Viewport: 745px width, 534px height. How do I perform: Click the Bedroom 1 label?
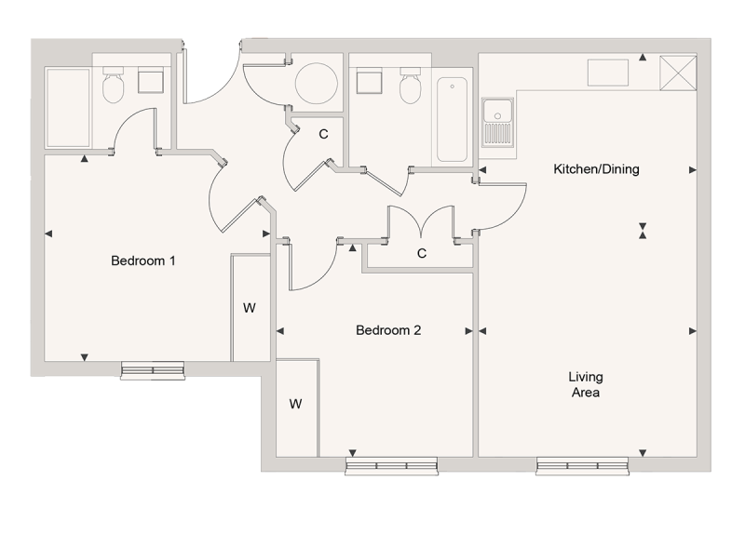tap(143, 261)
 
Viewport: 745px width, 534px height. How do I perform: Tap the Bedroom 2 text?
tap(389, 330)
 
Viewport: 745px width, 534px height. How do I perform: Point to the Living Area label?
tap(587, 385)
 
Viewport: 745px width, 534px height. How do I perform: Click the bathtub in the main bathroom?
tap(453, 120)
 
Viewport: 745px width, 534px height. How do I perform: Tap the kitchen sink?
tap(498, 122)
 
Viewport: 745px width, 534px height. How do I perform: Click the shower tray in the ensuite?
tap(68, 107)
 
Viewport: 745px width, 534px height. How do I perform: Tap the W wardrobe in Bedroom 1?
tap(250, 308)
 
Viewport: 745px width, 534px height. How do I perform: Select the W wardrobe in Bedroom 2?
tap(296, 404)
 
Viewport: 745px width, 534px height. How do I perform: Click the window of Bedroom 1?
tap(154, 370)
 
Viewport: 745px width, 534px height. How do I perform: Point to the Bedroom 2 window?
tap(391, 464)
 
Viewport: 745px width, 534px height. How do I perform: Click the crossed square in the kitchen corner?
tap(677, 73)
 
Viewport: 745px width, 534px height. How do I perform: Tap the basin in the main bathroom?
tap(369, 82)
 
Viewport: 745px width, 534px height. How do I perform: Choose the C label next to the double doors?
tap(422, 253)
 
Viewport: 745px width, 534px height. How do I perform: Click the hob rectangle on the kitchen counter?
tap(609, 72)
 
